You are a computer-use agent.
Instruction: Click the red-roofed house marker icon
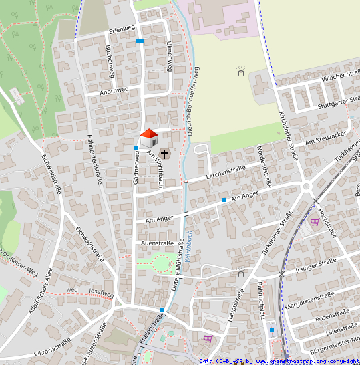tap(148, 139)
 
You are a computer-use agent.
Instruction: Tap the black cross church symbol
tap(165, 154)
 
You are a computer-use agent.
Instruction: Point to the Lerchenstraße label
tap(226, 172)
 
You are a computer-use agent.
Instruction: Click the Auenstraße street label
tap(157, 243)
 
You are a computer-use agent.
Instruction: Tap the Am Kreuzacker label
tap(325, 139)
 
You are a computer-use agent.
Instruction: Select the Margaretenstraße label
tap(310, 295)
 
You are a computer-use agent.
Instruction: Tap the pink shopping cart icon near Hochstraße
tap(314, 222)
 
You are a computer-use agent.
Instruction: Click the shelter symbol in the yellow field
tap(240, 70)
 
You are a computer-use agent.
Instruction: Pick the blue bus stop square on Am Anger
tap(223, 200)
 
